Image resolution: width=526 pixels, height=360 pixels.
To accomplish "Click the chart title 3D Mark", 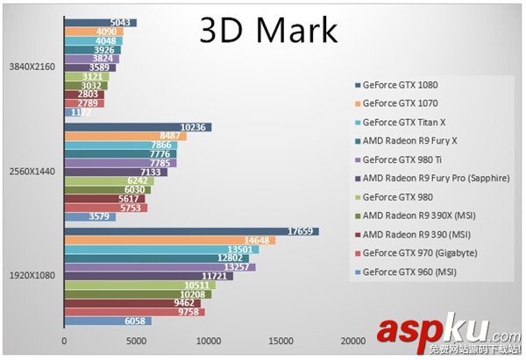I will (x=267, y=30).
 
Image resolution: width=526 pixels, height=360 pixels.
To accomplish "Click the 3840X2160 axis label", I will (x=32, y=67).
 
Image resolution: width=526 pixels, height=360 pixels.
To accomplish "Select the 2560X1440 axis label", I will (x=32, y=171).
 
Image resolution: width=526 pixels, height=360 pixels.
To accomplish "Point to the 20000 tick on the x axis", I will (x=352, y=341).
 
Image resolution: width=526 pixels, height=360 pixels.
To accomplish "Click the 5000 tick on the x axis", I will (x=136, y=341).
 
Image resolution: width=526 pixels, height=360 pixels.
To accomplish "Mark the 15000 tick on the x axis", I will (x=280, y=341).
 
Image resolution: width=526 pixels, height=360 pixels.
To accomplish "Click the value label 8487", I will (x=171, y=136).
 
